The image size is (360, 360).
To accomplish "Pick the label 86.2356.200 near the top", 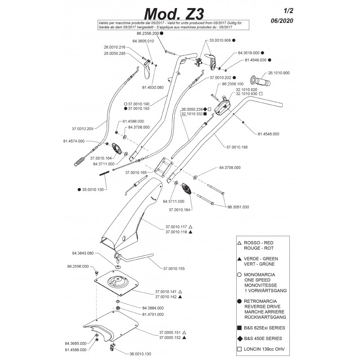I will coord(148,34).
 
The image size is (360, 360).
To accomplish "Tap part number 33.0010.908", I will coord(219,40).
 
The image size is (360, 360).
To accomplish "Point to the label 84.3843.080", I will coord(82,253).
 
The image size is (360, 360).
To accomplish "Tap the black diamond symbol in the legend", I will coord(240,338).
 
